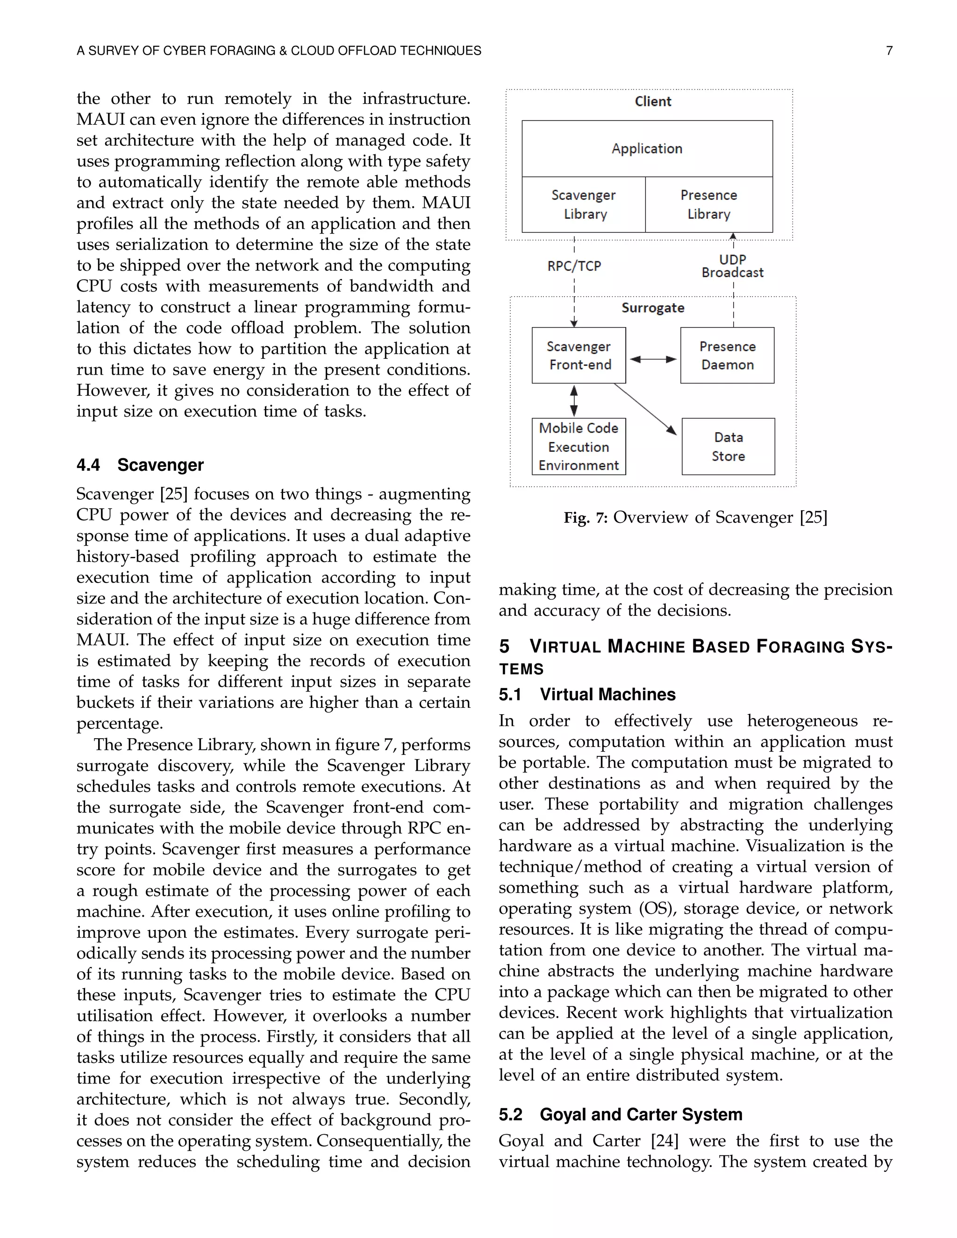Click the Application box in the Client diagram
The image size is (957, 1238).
click(x=647, y=149)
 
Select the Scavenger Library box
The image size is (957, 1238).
click(x=583, y=205)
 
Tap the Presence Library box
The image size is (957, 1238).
click(x=709, y=205)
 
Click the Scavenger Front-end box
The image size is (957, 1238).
click(x=579, y=356)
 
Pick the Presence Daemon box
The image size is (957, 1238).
click(x=727, y=356)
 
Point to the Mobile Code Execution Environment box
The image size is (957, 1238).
click(x=578, y=447)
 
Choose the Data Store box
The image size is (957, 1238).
click(x=728, y=447)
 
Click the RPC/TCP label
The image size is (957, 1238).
click(x=574, y=266)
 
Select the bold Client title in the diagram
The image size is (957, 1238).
click(x=652, y=101)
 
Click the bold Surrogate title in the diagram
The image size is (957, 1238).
click(x=652, y=308)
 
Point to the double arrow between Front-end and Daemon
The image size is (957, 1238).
click(x=653, y=359)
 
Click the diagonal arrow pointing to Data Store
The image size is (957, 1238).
click(x=645, y=409)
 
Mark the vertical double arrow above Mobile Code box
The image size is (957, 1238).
click(x=574, y=401)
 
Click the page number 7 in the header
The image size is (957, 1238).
click(x=889, y=51)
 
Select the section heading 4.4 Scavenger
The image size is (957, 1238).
click(x=140, y=465)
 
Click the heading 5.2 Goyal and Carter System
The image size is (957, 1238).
click(x=620, y=1114)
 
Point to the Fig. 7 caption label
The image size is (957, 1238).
click(x=585, y=518)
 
